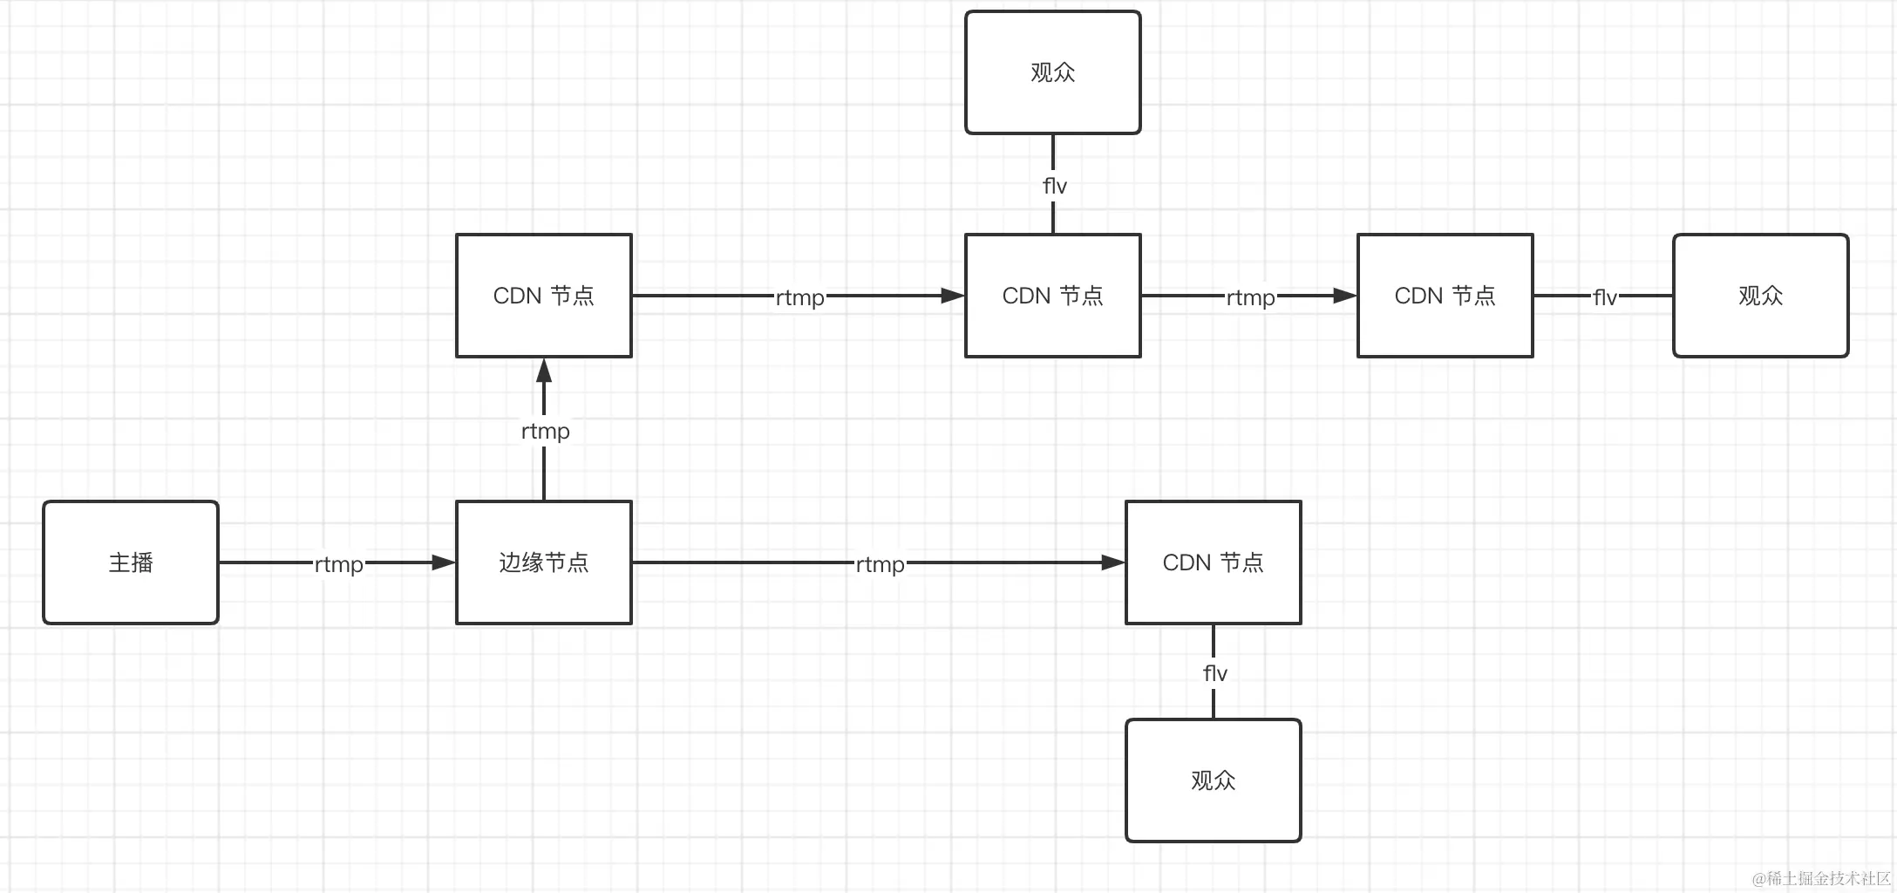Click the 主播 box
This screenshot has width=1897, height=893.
[131, 562]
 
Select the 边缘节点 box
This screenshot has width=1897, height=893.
[544, 562]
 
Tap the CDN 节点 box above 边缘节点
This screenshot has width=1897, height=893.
[544, 296]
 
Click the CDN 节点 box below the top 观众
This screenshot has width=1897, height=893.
[1053, 296]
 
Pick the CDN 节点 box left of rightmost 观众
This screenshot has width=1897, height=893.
[1445, 296]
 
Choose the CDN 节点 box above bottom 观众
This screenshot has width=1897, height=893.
[1214, 562]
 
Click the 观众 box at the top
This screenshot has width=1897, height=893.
[1053, 72]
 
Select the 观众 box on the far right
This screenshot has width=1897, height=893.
[1761, 296]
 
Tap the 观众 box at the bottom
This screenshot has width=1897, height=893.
[1214, 781]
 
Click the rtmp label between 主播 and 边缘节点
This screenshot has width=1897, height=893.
[339, 564]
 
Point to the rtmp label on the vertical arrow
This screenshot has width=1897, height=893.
[545, 431]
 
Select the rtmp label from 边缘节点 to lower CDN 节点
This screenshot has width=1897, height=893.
[881, 564]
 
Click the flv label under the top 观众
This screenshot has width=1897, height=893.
[1054, 186]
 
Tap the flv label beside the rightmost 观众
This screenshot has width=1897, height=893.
[1605, 297]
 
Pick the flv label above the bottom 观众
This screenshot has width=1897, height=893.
[1214, 673]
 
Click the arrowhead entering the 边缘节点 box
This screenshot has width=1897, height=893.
[445, 562]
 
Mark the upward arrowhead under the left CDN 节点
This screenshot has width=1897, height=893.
[544, 371]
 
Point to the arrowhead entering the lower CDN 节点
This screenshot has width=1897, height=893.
[1113, 562]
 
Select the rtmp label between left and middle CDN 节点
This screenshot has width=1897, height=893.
[800, 297]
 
